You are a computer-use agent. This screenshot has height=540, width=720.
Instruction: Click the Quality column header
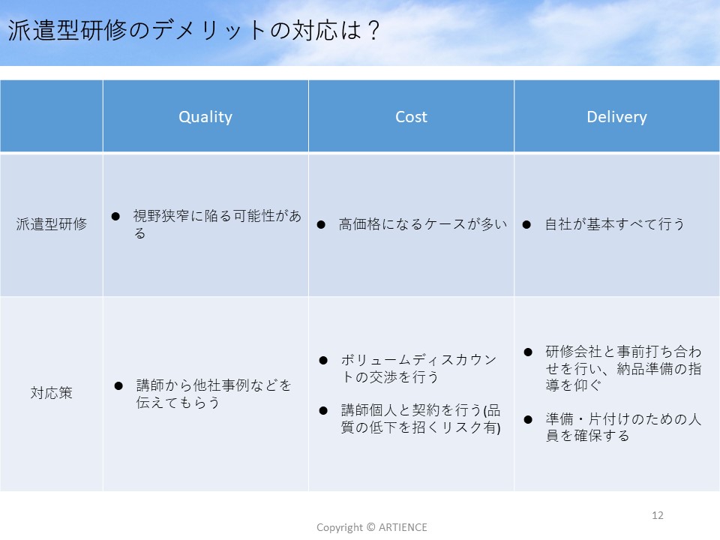pos(205,117)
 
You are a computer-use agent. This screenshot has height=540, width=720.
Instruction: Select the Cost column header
pos(411,117)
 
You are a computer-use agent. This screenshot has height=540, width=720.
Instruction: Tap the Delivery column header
pos(616,117)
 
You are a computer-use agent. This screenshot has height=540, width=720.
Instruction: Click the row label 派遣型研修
pos(52,224)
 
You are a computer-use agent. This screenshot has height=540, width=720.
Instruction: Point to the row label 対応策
pos(52,392)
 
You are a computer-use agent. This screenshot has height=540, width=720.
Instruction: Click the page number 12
pos(658,515)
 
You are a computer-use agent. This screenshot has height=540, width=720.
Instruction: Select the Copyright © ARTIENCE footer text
pos(371,527)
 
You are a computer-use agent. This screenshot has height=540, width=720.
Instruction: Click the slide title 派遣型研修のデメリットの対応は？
pos(193,30)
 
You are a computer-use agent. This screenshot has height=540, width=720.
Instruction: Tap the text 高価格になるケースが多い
pos(423,224)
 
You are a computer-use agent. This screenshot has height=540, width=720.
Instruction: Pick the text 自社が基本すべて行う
pos(614,224)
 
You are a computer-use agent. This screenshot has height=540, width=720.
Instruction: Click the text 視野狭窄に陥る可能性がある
pos(217,224)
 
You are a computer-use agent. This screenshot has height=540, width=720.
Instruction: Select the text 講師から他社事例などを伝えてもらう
pos(214,394)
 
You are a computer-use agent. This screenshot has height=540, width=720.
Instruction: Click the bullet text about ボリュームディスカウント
pos(418,368)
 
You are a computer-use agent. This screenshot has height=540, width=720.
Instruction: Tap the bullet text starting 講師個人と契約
pos(421,418)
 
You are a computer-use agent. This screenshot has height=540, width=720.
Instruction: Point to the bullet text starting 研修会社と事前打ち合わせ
pos(623,368)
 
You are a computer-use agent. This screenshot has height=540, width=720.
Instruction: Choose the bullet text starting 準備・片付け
pos(623,427)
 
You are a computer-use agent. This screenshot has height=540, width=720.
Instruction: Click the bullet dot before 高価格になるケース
pos(321,224)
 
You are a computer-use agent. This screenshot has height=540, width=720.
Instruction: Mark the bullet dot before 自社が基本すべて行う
pos(526,224)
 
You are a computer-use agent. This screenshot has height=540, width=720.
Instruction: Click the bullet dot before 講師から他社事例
pos(118,385)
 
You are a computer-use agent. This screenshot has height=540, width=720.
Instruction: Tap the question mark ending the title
pos(373,30)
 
